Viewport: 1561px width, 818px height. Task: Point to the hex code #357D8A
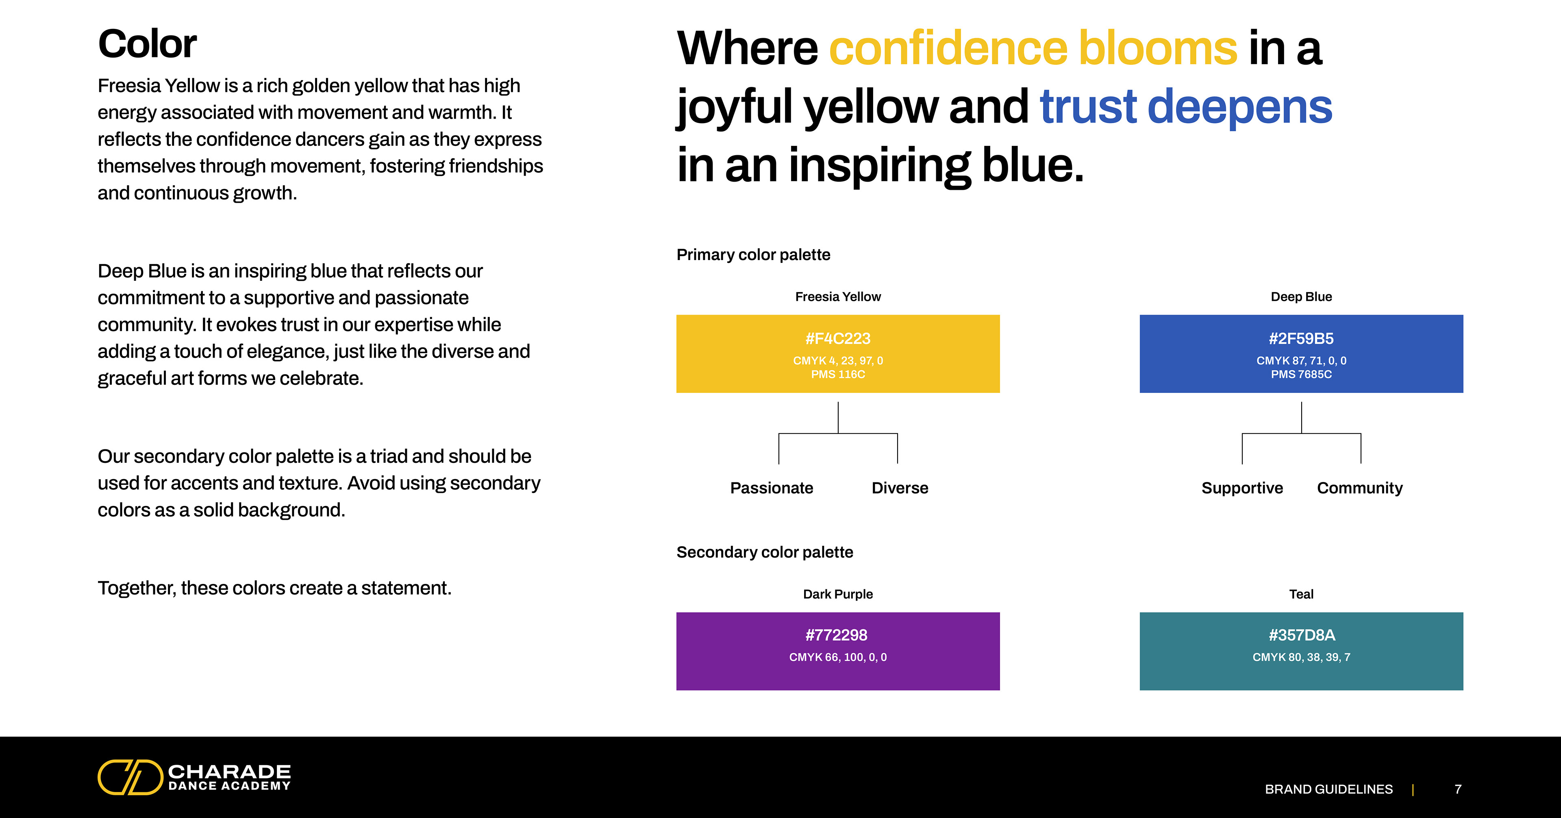point(1302,635)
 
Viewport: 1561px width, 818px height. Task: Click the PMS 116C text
point(838,375)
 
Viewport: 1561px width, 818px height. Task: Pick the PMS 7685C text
point(1301,375)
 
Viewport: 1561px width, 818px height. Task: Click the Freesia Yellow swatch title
point(838,297)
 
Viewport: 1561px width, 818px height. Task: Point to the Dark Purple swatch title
point(838,595)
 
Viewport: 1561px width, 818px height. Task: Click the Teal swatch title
point(1301,595)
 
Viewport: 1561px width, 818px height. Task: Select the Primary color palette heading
point(753,254)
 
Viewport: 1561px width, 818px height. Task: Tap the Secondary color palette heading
point(765,552)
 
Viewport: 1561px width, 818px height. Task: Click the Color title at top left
point(147,44)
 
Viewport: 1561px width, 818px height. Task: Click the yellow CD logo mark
point(130,777)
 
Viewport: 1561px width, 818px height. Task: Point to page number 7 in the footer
point(1458,789)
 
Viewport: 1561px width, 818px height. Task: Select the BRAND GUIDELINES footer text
point(1329,789)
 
